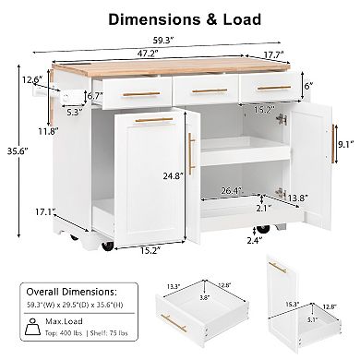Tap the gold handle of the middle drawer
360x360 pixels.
pos(208,90)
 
